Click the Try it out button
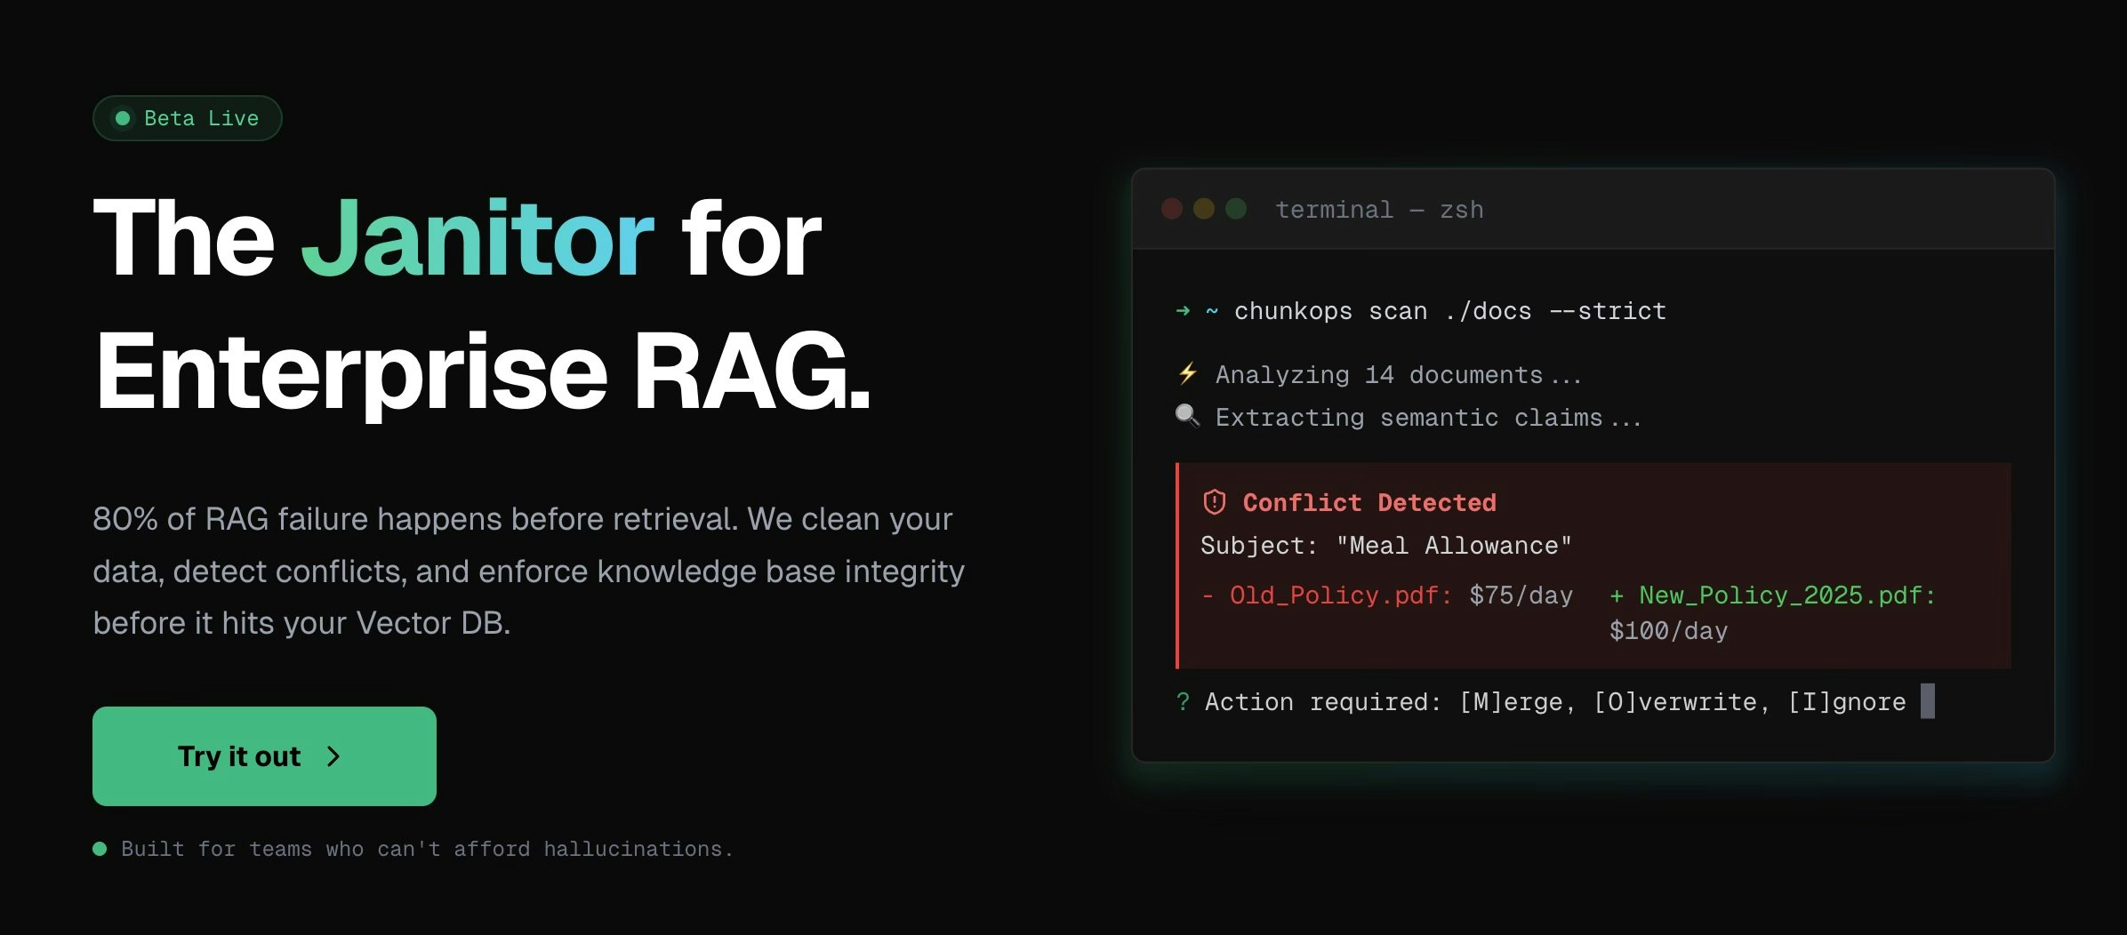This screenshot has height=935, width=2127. pos(264,756)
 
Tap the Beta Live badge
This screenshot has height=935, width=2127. pos(188,118)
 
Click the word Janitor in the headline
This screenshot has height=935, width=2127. pos(478,238)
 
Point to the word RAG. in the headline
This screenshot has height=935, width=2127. pos(751,372)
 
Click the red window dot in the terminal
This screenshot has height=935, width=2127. pos(1172,209)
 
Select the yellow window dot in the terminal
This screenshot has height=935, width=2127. pos(1204,209)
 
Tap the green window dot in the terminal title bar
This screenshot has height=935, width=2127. pos(1236,209)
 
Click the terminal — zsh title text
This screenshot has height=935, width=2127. pos(1379,210)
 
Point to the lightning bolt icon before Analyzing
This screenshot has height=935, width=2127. pos(1187,373)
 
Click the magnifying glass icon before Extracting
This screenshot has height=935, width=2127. pos(1187,415)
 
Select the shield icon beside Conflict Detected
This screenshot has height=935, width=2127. pos(1214,502)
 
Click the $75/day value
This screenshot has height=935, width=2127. pos(1521,595)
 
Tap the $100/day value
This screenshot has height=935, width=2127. pos(1668,631)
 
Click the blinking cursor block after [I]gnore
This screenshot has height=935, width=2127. pos(1927,700)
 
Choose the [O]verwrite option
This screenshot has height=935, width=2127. pos(1674,702)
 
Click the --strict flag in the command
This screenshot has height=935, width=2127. pos(1608,311)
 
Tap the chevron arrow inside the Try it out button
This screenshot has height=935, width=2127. pos(333,756)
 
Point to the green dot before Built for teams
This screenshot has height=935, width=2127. pos(100,849)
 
